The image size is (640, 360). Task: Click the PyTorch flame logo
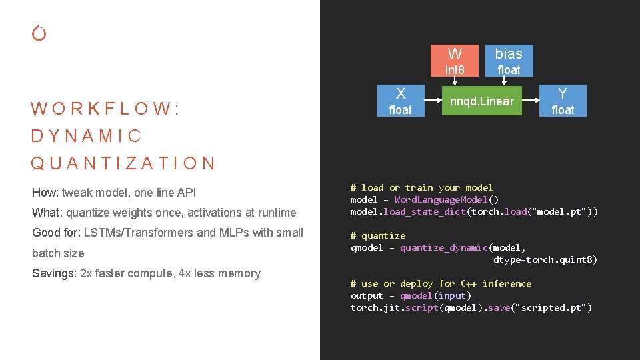click(39, 33)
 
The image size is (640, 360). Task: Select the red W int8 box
click(455, 61)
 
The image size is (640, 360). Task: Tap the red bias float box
click(509, 61)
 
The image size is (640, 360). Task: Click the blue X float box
click(400, 101)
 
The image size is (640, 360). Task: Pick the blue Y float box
click(563, 101)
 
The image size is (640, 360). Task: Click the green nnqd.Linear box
click(481, 101)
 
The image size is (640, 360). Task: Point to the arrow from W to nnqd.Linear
click(455, 81)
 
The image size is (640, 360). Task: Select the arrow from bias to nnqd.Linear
click(503, 81)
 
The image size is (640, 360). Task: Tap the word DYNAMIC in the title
click(87, 136)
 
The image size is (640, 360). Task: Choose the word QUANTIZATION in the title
click(123, 163)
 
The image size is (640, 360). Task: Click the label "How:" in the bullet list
click(45, 193)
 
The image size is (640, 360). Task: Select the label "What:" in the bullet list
click(47, 213)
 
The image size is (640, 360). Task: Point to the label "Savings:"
click(54, 273)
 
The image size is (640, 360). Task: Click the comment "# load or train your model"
click(421, 187)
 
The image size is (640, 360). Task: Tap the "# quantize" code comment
click(377, 235)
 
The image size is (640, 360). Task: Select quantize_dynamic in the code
click(443, 247)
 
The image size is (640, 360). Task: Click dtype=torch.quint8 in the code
click(545, 259)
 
